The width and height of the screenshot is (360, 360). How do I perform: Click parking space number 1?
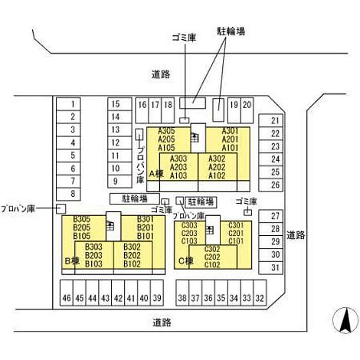(73, 103)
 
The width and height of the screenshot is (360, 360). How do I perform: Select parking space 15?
(116, 103)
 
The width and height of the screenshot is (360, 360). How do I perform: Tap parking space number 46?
(67, 298)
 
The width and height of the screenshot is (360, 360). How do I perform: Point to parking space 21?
(275, 121)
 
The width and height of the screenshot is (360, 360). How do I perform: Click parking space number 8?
(73, 194)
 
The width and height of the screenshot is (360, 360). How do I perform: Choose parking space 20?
(247, 104)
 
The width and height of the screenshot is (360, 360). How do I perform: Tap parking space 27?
(275, 216)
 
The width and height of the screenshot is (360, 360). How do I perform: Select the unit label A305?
(167, 131)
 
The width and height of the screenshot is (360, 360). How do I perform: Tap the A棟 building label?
(156, 174)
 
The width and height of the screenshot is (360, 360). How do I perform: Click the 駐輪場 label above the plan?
(230, 32)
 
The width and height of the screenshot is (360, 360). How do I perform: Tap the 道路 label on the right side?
(296, 236)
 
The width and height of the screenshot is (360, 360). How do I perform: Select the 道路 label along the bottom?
(162, 323)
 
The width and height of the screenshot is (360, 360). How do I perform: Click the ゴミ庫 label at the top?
(184, 38)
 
